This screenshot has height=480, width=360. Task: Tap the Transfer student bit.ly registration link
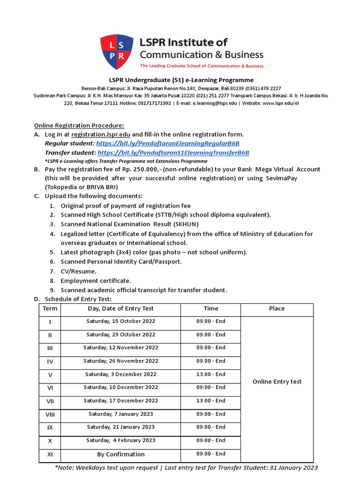(173, 153)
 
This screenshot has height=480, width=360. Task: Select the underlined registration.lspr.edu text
(100, 135)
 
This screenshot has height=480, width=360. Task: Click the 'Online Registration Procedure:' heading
(79, 125)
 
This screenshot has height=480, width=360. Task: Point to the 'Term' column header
(50, 308)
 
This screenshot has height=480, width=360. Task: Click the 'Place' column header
(277, 308)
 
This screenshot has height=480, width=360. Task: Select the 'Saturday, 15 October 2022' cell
(120, 322)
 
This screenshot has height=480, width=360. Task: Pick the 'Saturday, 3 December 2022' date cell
(120, 375)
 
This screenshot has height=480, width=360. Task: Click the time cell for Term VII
(210, 401)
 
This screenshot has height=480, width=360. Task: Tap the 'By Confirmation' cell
(120, 454)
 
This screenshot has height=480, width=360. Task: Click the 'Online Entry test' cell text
(277, 382)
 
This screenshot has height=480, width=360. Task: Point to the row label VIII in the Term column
(50, 414)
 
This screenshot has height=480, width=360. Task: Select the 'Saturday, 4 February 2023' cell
(120, 441)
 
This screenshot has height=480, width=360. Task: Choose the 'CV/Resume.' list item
(78, 271)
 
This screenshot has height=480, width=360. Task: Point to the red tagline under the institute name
(202, 66)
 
